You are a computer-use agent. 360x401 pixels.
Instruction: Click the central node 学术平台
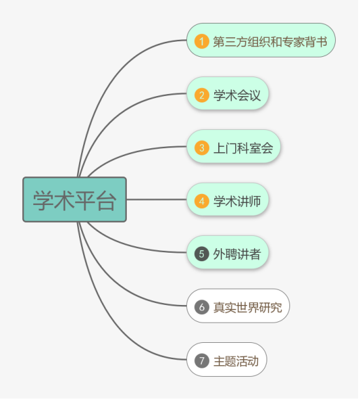pos(74,200)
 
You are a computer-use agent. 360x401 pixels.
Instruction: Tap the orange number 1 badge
pos(202,41)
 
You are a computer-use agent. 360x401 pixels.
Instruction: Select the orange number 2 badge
pos(202,95)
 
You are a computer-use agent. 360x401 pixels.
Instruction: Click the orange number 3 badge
pos(202,148)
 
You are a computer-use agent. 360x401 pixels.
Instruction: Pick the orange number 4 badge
pos(202,201)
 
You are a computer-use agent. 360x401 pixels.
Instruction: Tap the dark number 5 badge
pos(202,254)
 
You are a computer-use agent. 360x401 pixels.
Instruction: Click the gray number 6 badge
pos(202,307)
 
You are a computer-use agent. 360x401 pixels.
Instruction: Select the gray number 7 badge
pos(202,361)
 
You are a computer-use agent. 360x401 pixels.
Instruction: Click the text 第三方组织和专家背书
pos(270,42)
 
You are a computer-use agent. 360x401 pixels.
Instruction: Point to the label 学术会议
pos(237,95)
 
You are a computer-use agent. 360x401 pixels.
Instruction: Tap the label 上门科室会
pos(243,148)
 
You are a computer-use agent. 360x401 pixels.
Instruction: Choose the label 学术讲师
pos(237,201)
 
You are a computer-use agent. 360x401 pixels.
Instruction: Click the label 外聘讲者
pos(237,254)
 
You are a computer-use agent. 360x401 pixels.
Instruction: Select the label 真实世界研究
pos(248,308)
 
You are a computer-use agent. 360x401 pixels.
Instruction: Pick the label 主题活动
pos(236,361)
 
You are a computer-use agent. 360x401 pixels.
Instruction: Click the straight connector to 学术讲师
pos(157,199)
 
